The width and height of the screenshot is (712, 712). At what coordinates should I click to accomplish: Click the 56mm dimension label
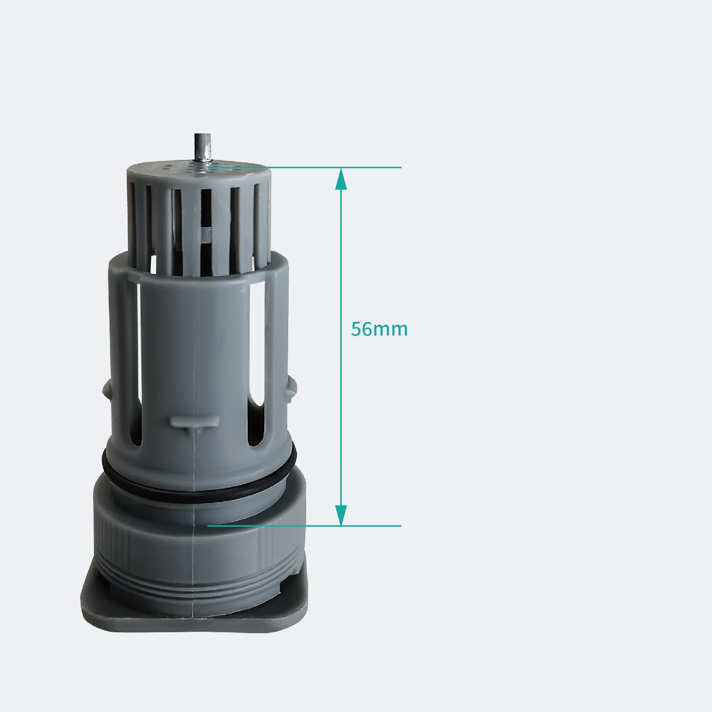pyautogui.click(x=379, y=329)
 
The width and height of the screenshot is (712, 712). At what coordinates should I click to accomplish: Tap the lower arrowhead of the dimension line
pyautogui.click(x=341, y=515)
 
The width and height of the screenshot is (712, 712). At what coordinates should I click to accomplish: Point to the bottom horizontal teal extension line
pyautogui.click(x=304, y=526)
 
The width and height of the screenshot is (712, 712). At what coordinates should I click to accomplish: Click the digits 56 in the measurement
pyautogui.click(x=362, y=329)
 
